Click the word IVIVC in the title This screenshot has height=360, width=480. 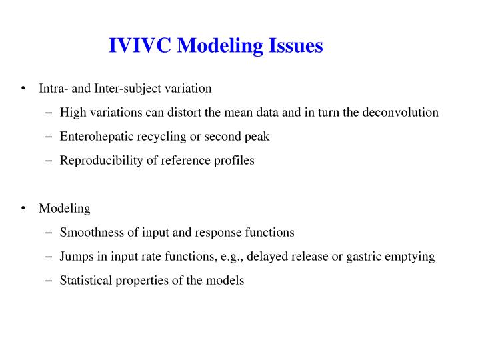(139, 45)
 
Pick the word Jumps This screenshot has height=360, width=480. (75, 256)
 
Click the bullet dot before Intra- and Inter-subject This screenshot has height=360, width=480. (23, 88)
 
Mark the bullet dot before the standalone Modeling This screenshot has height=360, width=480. (23, 208)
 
